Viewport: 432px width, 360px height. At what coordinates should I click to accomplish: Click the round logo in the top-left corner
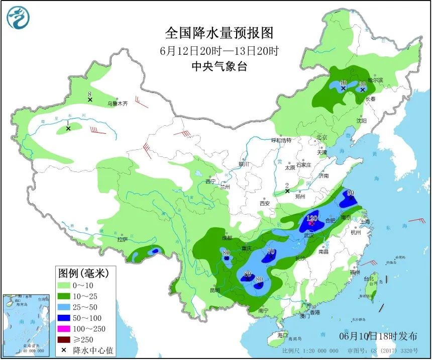[18, 18]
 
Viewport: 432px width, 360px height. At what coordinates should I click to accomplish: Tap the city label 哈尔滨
[375, 80]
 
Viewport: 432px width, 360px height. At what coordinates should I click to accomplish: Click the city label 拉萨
[122, 239]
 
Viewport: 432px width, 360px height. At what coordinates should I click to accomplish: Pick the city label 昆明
[215, 290]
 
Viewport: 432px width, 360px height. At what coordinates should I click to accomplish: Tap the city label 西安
[265, 203]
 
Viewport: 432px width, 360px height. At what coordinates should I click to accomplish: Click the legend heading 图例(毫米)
[83, 274]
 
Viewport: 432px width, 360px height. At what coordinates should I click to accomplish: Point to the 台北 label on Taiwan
[369, 279]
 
